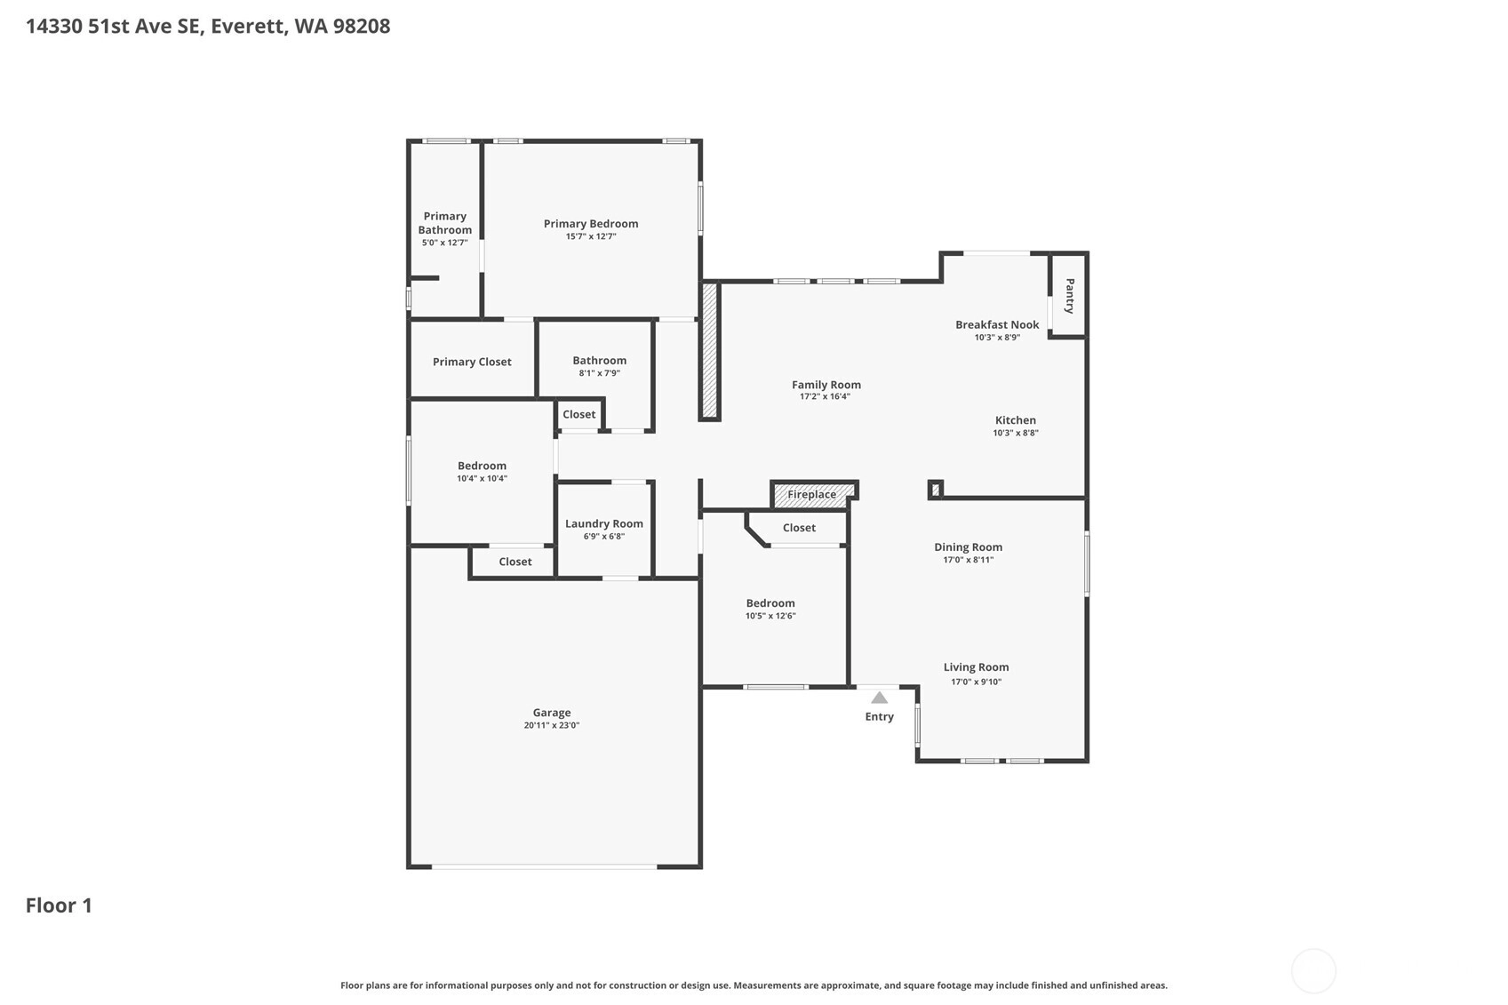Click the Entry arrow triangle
pyautogui.click(x=879, y=698)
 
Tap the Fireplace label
pyautogui.click(x=812, y=494)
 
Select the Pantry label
pyautogui.click(x=1070, y=296)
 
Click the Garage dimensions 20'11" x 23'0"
pyautogui.click(x=551, y=725)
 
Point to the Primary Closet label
pyautogui.click(x=472, y=362)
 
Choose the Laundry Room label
pyautogui.click(x=604, y=523)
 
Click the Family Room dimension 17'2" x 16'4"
pyautogui.click(x=825, y=396)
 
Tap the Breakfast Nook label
pyautogui.click(x=997, y=324)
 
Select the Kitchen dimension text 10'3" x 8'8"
pyautogui.click(x=1015, y=433)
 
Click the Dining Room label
pyautogui.click(x=968, y=547)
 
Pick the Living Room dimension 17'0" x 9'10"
pyautogui.click(x=977, y=682)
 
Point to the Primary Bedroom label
pyautogui.click(x=591, y=224)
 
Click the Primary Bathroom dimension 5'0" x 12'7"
pyautogui.click(x=444, y=243)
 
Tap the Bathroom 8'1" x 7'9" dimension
pyautogui.click(x=599, y=373)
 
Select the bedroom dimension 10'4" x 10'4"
pyautogui.click(x=482, y=479)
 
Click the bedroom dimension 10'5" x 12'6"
pyautogui.click(x=770, y=616)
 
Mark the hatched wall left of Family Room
pyautogui.click(x=709, y=351)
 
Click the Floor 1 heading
pyautogui.click(x=59, y=905)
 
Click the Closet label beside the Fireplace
pyautogui.click(x=799, y=528)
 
